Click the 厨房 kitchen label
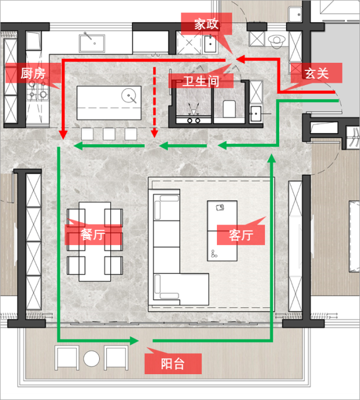click(x=33, y=73)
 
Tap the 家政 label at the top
click(x=206, y=24)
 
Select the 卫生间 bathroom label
click(x=201, y=81)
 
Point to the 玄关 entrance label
click(x=317, y=73)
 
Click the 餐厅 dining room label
click(x=93, y=235)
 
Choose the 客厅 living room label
click(x=241, y=235)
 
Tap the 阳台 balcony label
click(x=172, y=364)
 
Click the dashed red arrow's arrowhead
click(x=154, y=134)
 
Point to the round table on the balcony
click(x=91, y=358)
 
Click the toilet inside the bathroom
click(x=229, y=109)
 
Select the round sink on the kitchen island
click(x=129, y=96)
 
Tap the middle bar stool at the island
click(x=109, y=134)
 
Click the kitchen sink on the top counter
click(x=92, y=43)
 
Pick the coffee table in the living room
click(x=222, y=230)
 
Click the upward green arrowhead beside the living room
click(x=272, y=158)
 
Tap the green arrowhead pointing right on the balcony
click(x=134, y=341)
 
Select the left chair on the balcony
click(x=67, y=358)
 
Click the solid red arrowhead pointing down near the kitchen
click(x=63, y=135)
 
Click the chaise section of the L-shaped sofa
click(x=181, y=289)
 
